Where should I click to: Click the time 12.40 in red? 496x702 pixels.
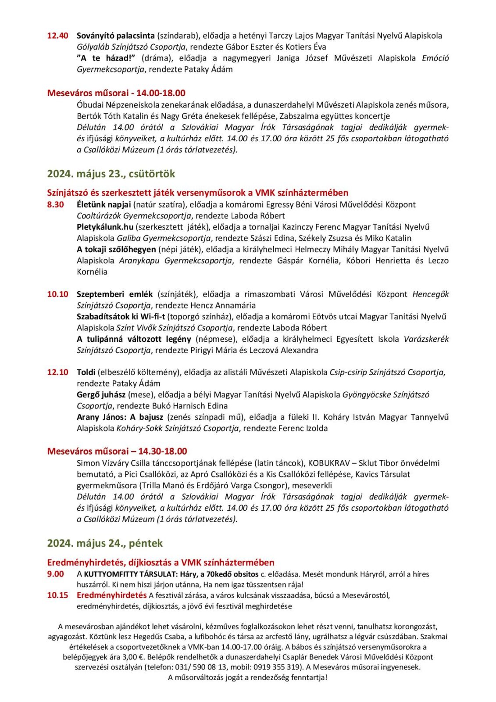[x=57, y=36]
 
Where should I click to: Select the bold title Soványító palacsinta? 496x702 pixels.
[x=115, y=36]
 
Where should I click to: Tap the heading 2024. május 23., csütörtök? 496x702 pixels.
[x=111, y=174]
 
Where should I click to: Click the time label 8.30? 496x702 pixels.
[x=56, y=204]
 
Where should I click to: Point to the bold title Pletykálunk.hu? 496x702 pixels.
[x=105, y=227]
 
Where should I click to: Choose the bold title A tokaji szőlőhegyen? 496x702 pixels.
[x=116, y=249]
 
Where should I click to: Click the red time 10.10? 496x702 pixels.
[x=57, y=294]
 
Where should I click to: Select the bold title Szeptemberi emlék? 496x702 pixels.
[x=114, y=294]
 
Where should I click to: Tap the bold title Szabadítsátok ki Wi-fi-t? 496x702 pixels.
[x=121, y=316]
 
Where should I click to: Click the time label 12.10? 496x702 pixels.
[x=57, y=372]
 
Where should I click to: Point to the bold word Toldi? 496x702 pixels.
[x=86, y=372]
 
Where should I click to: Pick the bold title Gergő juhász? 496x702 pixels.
[x=101, y=394]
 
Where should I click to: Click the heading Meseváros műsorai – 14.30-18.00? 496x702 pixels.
[x=117, y=451]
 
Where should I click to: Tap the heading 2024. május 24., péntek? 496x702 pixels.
[x=105, y=543]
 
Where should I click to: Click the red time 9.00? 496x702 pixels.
[x=56, y=574]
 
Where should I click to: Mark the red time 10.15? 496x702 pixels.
[x=57, y=595]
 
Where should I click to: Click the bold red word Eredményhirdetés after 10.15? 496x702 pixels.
[x=111, y=595]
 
